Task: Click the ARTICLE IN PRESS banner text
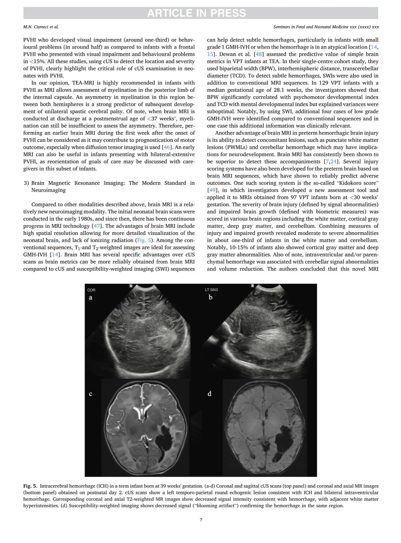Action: coord(197,13)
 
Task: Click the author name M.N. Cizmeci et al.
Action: coord(41,27)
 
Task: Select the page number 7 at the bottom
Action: coord(201,520)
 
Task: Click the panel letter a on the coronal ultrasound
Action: coord(90,297)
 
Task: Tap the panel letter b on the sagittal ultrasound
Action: coord(210,297)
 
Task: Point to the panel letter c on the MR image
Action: coord(90,394)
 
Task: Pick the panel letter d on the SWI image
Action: coord(210,394)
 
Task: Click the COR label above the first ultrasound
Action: coord(91,290)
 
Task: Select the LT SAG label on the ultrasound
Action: coord(211,290)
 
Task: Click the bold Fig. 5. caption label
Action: coord(30,486)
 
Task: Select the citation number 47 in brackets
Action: coord(97,226)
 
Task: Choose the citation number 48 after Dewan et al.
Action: coord(259,54)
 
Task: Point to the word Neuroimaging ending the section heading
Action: coord(49,190)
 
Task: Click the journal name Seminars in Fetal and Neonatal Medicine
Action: coord(311,27)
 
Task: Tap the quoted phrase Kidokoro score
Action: coord(357,183)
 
